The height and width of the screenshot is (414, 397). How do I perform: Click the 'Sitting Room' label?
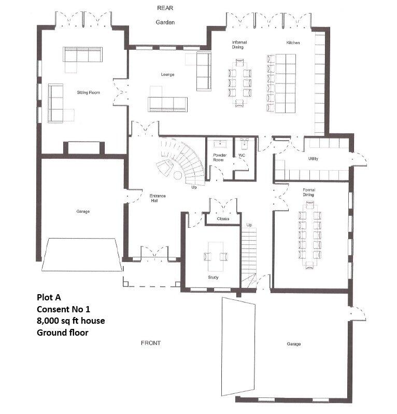(88, 92)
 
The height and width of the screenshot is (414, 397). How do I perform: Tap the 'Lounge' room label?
(167, 75)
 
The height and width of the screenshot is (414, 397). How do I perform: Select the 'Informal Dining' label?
(239, 45)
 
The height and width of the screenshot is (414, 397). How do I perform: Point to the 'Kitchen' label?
(293, 42)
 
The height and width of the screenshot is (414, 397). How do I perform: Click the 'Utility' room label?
(313, 158)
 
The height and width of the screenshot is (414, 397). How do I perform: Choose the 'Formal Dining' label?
(309, 192)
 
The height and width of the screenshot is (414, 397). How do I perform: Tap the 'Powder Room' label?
(220, 158)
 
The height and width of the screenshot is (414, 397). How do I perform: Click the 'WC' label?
(242, 155)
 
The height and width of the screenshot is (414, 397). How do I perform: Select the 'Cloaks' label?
(223, 218)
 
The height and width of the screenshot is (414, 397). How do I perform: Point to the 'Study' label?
(213, 278)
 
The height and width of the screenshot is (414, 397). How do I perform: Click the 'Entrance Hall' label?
(158, 198)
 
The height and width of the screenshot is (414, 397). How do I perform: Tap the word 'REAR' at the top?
(165, 8)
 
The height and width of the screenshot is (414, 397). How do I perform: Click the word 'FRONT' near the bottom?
(151, 343)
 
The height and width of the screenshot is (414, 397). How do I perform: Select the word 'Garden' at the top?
(165, 22)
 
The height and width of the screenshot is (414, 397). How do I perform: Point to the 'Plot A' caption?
(49, 297)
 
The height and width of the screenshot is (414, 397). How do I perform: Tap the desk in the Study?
(216, 255)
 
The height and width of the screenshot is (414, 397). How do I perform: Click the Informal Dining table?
(239, 83)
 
